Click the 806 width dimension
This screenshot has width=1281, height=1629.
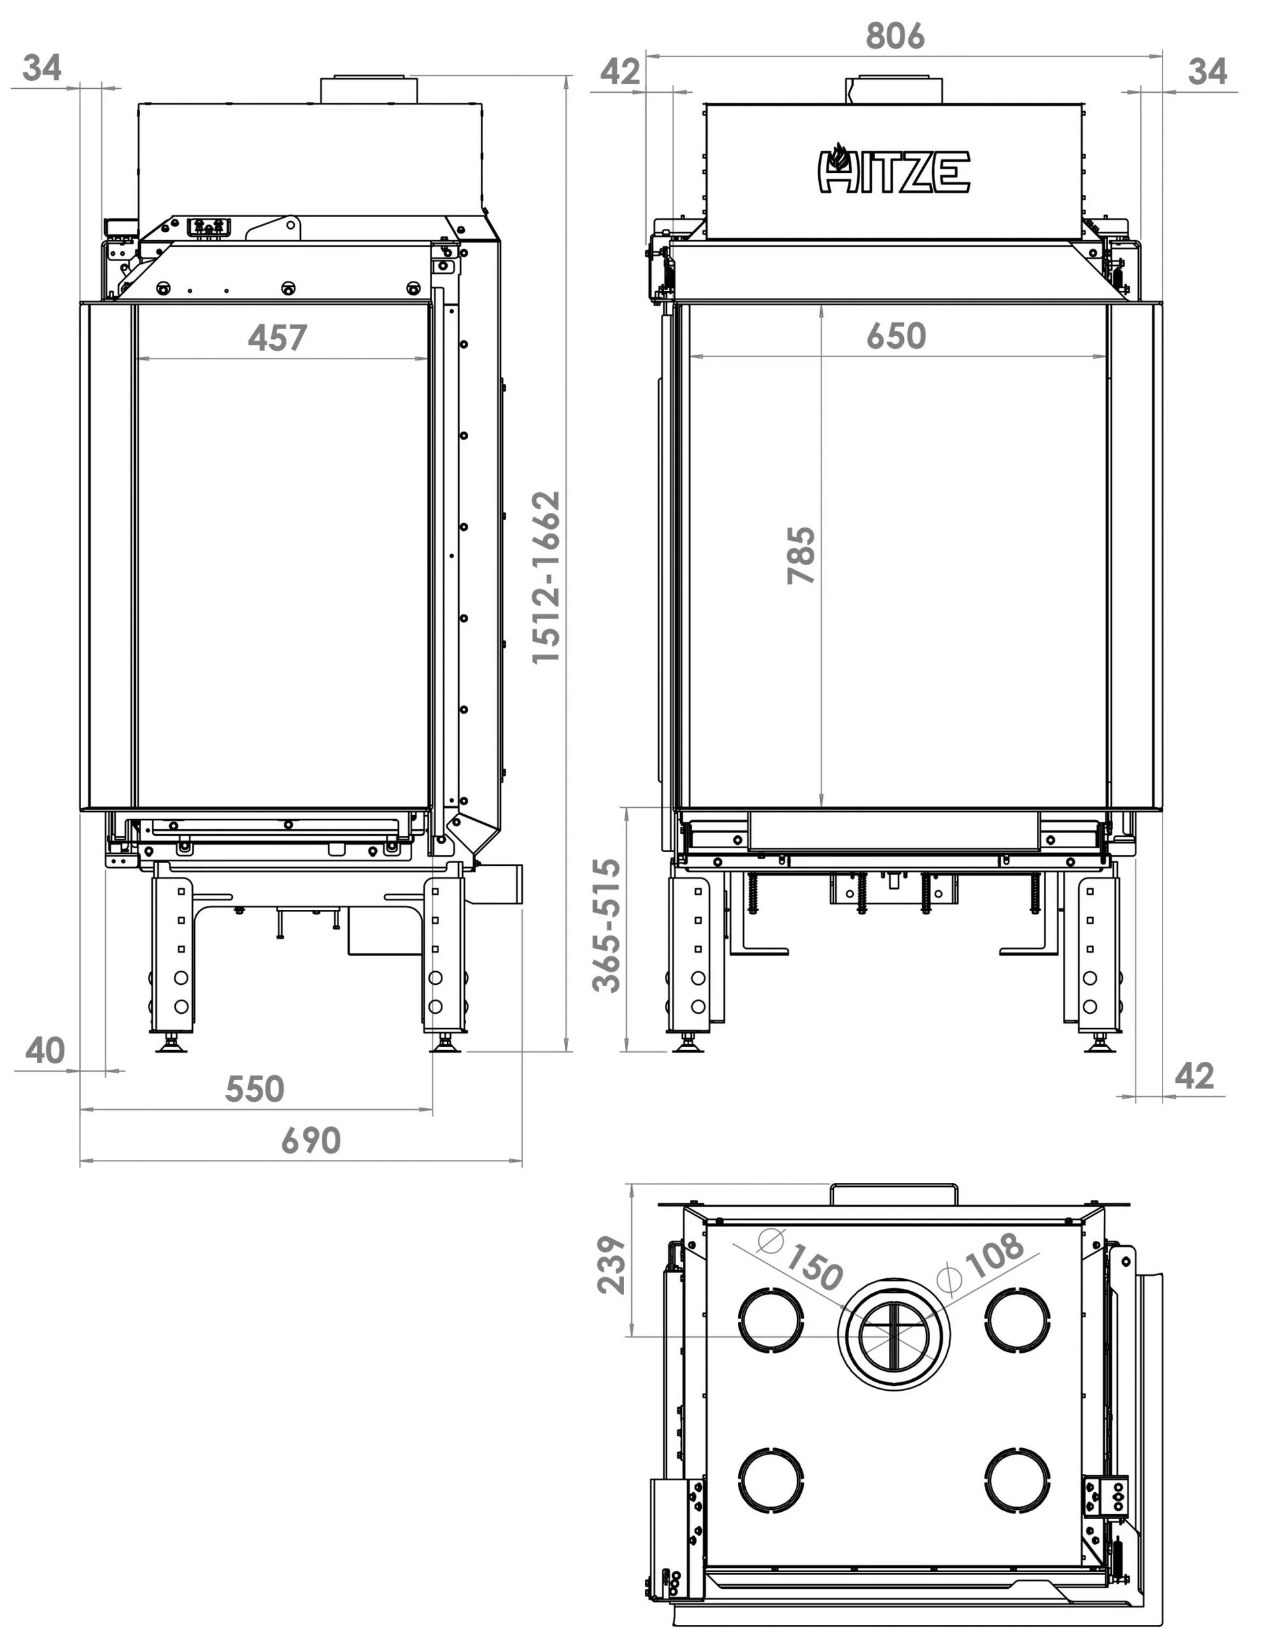[895, 36]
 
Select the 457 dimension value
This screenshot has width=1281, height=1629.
[278, 338]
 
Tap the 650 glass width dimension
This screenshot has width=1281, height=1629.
[897, 336]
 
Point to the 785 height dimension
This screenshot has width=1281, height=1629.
[801, 555]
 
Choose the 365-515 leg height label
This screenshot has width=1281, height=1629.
[607, 926]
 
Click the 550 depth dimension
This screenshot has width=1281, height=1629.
[255, 1090]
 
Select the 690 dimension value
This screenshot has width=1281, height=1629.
[311, 1141]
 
